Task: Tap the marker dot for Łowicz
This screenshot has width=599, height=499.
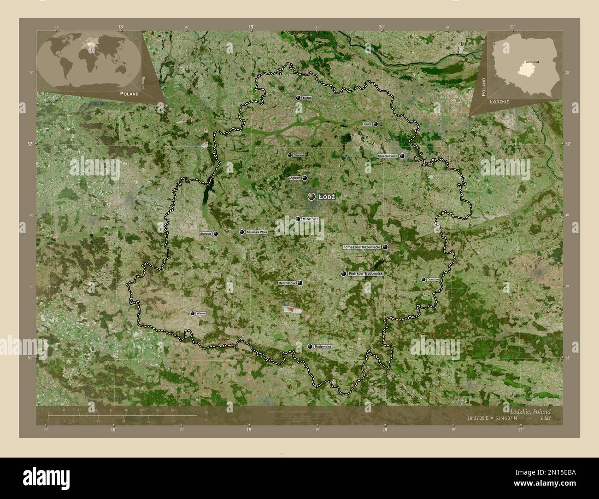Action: click(376, 124)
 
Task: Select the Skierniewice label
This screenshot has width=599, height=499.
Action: click(388, 157)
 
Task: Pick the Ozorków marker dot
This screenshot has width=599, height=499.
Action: click(289, 156)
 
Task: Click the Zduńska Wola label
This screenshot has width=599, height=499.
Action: click(257, 232)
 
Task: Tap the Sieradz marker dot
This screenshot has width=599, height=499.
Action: click(216, 234)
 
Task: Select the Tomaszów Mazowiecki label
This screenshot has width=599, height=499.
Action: click(362, 247)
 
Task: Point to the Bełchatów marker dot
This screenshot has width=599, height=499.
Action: click(300, 283)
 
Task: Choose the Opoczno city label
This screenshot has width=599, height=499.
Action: click(433, 279)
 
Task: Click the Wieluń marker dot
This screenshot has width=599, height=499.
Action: click(192, 313)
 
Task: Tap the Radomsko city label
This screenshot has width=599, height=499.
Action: click(323, 346)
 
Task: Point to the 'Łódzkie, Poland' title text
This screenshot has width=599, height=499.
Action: click(529, 411)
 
